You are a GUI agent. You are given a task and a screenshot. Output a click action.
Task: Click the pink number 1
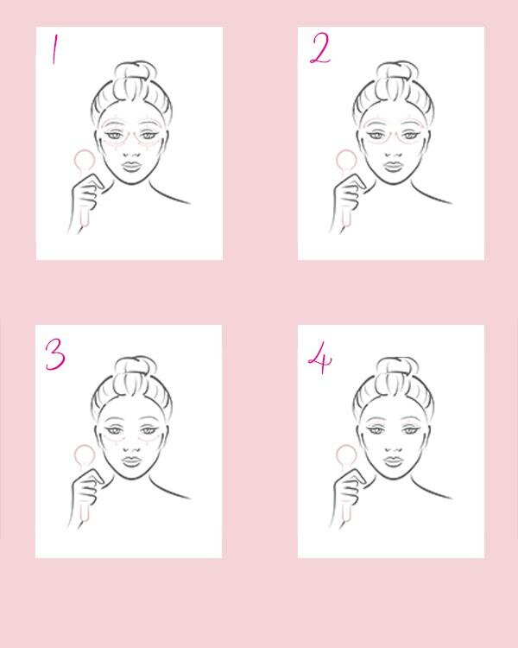pyautogui.click(x=54, y=49)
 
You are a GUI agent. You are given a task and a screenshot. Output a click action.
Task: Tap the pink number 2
pyautogui.click(x=320, y=48)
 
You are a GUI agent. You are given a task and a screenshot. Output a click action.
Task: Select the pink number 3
pyautogui.click(x=55, y=354)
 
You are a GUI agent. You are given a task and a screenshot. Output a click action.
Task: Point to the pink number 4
pyautogui.click(x=320, y=358)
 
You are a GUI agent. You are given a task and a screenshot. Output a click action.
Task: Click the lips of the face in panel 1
pyautogui.click(x=132, y=166)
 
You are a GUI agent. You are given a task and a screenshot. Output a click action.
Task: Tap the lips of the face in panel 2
pyautogui.click(x=394, y=166)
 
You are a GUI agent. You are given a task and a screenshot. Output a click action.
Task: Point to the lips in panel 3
pyautogui.click(x=132, y=461)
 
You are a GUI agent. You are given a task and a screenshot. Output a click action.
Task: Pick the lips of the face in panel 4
pyautogui.click(x=394, y=461)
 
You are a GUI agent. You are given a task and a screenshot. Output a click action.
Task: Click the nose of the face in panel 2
pyautogui.click(x=394, y=152)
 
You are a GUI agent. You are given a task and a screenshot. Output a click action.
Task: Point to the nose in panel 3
pyautogui.click(x=132, y=447)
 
